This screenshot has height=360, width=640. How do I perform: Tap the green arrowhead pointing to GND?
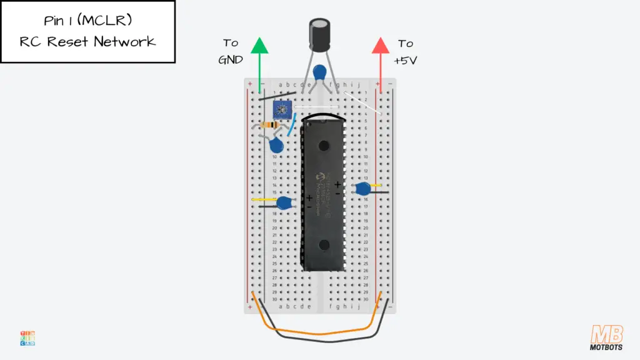[259, 46]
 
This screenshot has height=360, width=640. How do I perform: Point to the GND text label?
[231, 60]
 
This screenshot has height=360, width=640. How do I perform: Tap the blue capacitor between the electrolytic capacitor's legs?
[320, 72]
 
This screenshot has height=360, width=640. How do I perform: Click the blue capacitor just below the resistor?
[276, 146]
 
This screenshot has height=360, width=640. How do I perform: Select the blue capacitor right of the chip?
[361, 188]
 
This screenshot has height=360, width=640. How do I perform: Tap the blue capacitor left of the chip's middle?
[285, 202]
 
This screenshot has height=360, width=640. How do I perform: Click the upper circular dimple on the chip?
[324, 145]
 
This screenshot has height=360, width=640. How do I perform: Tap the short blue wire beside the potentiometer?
[291, 125]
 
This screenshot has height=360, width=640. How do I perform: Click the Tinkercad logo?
[27, 338]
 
